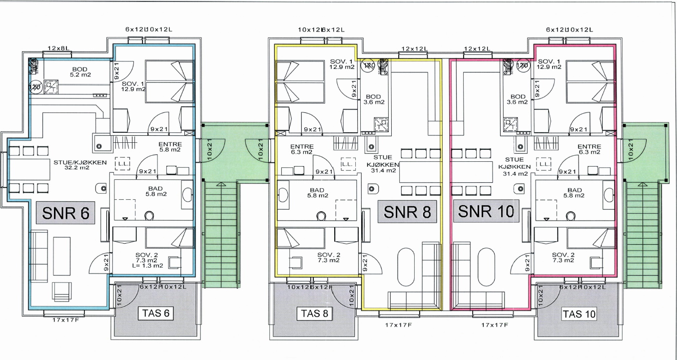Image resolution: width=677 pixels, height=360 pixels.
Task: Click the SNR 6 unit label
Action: click(66, 214)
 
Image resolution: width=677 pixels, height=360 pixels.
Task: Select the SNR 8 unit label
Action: click(406, 212)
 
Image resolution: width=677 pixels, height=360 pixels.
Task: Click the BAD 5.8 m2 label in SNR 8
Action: click(317, 193)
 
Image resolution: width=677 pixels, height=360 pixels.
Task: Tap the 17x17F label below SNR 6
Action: click(64, 321)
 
